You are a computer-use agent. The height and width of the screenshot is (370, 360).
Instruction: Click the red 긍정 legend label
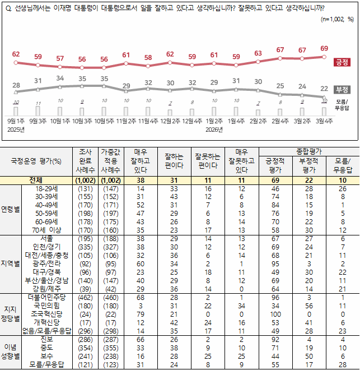342,62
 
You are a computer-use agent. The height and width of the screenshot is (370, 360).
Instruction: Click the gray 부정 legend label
342,89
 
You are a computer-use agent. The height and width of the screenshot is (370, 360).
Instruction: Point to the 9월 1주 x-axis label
16,121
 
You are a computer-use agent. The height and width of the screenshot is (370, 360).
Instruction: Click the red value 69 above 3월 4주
324,48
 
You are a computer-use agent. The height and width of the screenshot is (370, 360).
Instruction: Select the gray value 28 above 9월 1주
16,85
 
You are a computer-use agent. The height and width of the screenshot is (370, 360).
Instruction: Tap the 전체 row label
38,181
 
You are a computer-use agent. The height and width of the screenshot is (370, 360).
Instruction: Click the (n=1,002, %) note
337,19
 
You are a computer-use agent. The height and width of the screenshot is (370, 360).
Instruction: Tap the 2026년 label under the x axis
213,129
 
